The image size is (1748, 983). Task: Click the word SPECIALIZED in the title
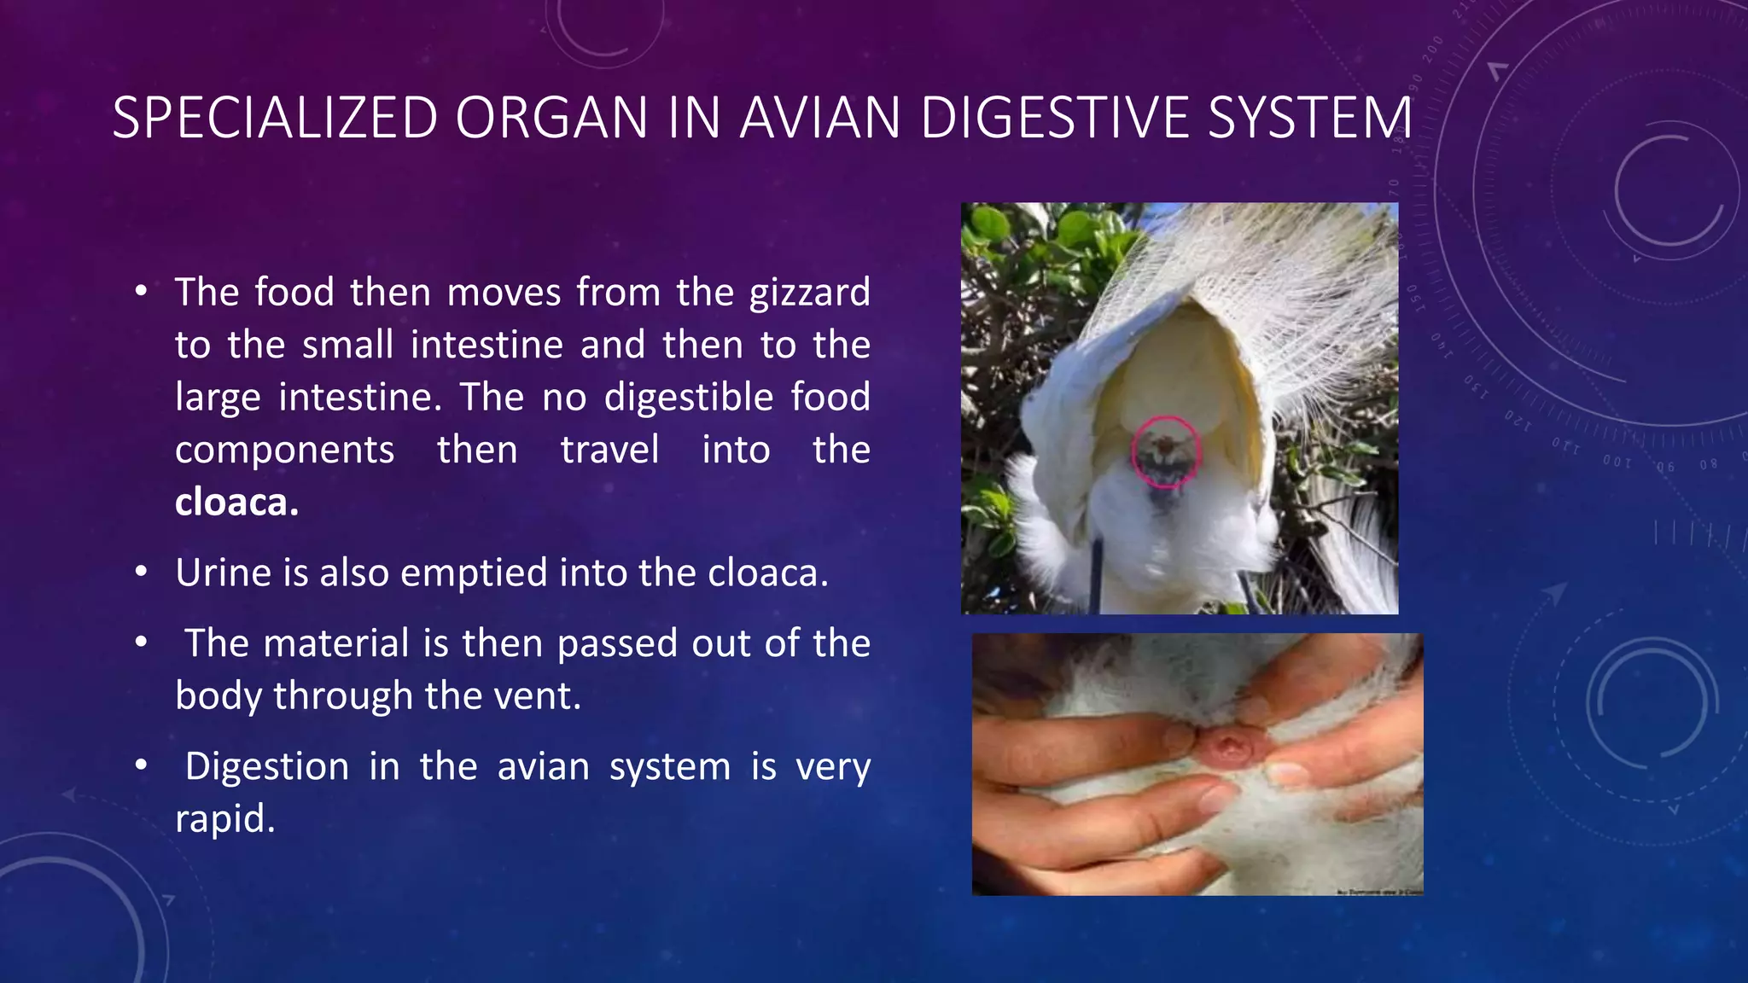click(275, 118)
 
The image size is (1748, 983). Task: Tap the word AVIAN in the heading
click(819, 118)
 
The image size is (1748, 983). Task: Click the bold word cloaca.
click(236, 502)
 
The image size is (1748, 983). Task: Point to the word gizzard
click(809, 293)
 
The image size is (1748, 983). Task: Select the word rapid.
click(224, 819)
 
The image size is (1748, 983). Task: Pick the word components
click(284, 450)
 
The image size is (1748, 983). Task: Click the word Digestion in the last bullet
click(266, 766)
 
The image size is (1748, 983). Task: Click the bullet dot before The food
click(141, 291)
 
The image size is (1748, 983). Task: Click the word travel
click(609, 450)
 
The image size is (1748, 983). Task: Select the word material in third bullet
click(336, 643)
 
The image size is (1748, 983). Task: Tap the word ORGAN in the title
click(551, 118)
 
